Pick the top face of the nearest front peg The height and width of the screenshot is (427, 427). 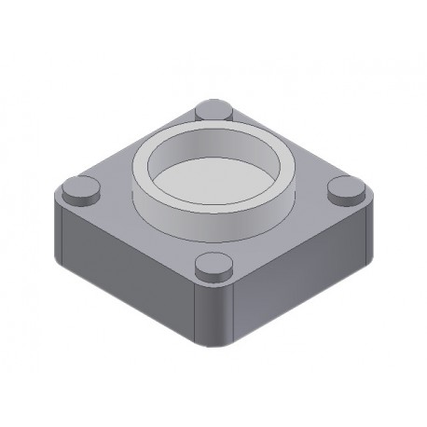pyautogui.click(x=213, y=265)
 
